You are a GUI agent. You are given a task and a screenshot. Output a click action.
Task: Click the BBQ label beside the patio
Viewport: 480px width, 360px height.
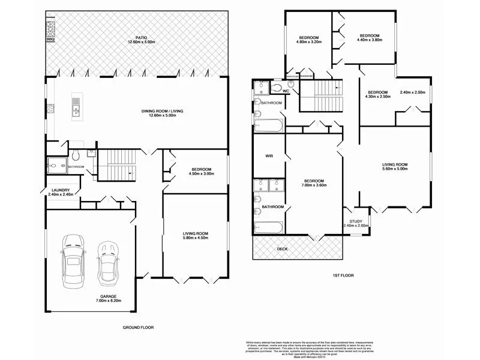click(49, 39)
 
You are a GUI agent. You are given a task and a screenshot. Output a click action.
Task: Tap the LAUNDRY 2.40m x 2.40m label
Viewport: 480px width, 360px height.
click(62, 193)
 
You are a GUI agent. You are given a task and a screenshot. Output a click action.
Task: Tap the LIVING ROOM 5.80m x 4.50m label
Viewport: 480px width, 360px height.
click(196, 236)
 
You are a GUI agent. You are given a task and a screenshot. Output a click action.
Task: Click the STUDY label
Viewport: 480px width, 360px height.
click(354, 222)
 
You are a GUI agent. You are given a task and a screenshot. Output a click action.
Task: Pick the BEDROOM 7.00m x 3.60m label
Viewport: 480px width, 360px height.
click(314, 184)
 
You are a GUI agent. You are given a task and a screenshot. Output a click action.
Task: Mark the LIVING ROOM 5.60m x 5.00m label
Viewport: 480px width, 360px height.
click(395, 167)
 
